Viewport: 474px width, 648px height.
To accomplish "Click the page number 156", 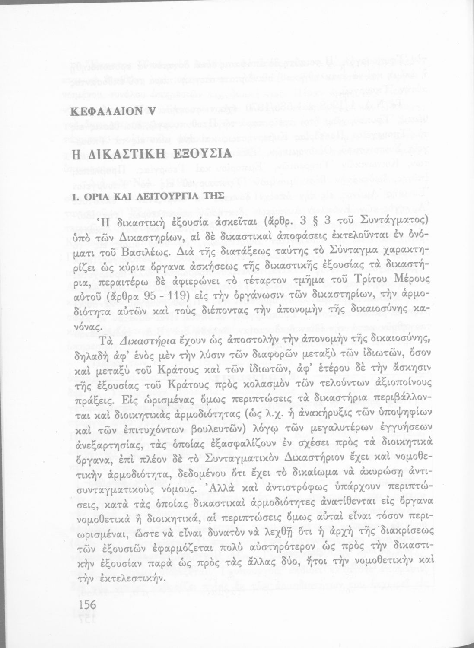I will coord(85,604).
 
